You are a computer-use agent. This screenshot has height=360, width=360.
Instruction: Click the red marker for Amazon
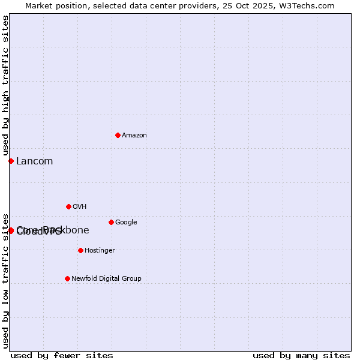coord(118,135)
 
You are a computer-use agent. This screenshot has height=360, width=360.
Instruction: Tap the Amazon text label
coord(134,136)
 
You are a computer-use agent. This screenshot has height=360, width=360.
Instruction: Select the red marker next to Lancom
coord(11,161)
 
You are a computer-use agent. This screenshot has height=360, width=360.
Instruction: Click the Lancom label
coord(34,161)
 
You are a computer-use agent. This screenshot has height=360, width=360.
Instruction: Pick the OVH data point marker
coord(68,206)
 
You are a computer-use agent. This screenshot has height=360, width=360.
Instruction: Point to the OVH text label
coord(80,207)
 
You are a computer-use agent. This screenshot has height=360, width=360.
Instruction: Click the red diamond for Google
coord(111,222)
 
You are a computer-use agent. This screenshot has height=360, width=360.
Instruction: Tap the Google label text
coord(126,223)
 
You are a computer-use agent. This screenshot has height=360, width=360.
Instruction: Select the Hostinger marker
coord(80,250)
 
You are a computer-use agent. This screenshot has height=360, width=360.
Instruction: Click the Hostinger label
coord(100,251)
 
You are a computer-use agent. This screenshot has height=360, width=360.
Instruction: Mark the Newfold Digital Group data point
coord(67,278)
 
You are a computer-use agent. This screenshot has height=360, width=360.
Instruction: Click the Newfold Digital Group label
coord(106,279)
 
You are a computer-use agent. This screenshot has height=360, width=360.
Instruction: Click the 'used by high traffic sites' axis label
coord(5,86)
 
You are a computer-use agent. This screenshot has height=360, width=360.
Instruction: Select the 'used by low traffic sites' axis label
coord(5,281)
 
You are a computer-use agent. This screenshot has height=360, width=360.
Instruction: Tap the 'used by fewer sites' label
coord(62,355)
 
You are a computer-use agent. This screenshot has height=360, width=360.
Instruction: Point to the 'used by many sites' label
coord(301,355)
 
